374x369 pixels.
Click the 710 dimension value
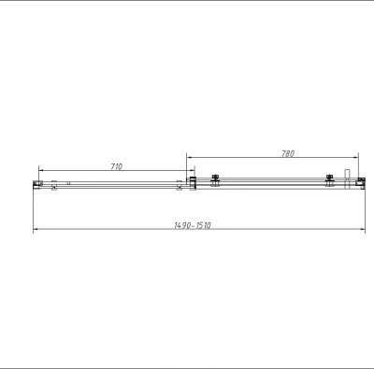tap(117, 166)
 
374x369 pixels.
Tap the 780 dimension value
tap(288, 153)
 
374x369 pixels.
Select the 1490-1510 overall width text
tap(193, 225)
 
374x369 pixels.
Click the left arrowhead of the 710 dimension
tap(41, 170)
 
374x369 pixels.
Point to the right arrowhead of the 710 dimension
tap(193, 170)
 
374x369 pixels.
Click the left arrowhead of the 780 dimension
tap(189, 157)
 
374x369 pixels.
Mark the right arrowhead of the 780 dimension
tap(356, 157)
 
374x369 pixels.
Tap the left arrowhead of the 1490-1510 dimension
tap(36, 230)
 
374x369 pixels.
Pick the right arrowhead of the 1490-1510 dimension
tap(363, 230)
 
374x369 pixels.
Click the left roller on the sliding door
tap(215, 181)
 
